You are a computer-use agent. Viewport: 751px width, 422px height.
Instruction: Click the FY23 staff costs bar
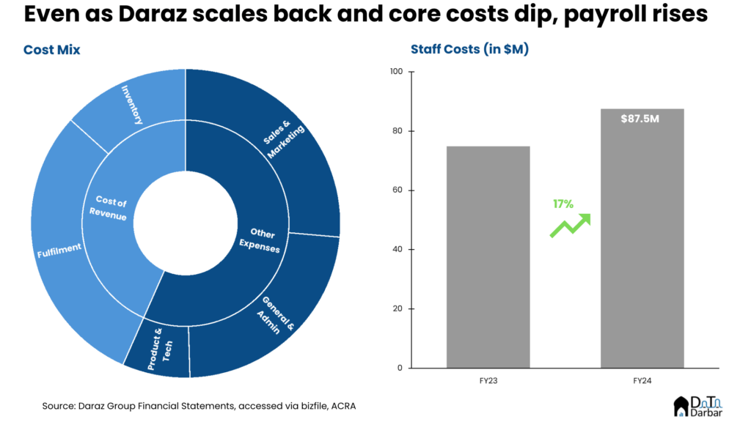pos(488,256)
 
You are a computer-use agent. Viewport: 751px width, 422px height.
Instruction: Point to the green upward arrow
pos(571,225)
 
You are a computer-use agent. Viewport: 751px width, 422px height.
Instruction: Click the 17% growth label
pos(563,204)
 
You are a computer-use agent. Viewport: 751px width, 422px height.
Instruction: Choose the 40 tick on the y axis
pos(398,249)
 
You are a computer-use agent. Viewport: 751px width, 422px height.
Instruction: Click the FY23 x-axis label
pos(488,382)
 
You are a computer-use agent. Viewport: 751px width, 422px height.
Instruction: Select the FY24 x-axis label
pos(642,382)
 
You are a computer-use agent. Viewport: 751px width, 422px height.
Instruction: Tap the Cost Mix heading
pos(51,50)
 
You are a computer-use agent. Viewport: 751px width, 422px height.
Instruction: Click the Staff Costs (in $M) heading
pos(469,50)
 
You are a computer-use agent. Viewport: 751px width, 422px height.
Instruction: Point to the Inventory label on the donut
pos(132,105)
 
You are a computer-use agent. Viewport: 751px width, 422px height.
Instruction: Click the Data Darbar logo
pos(697,406)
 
